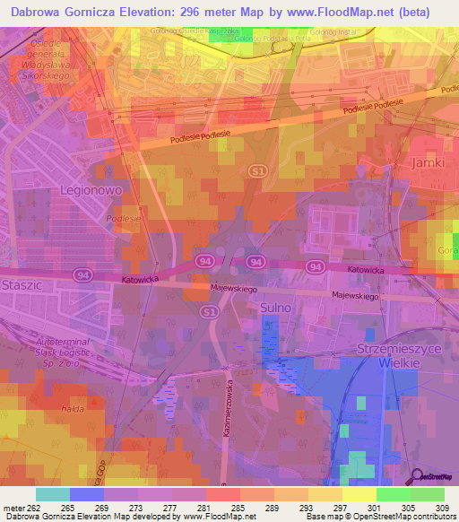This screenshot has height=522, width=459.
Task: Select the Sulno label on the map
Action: (x=275, y=309)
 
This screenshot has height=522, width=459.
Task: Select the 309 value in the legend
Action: (x=440, y=509)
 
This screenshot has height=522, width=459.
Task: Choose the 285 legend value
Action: (x=237, y=509)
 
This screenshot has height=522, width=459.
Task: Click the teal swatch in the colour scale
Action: (x=53, y=494)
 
